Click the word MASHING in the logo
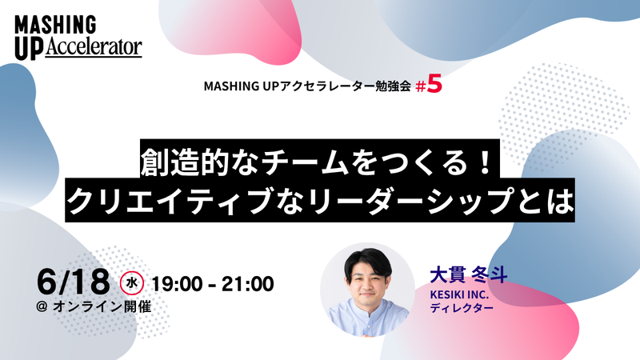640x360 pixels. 55,25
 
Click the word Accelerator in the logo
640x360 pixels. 94,47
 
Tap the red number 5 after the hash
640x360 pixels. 435,85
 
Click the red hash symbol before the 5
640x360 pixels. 421,86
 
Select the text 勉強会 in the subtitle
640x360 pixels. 393,86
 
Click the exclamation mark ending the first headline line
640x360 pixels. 485,162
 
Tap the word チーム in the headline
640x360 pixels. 304,162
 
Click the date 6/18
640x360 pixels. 73,282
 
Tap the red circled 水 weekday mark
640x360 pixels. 131,283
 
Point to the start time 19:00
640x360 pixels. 177,284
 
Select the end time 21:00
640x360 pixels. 248,284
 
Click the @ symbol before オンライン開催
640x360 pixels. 42,306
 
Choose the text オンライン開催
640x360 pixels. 102,306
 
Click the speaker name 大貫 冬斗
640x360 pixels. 469,275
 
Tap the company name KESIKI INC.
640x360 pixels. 459,294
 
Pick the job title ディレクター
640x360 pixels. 462,308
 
